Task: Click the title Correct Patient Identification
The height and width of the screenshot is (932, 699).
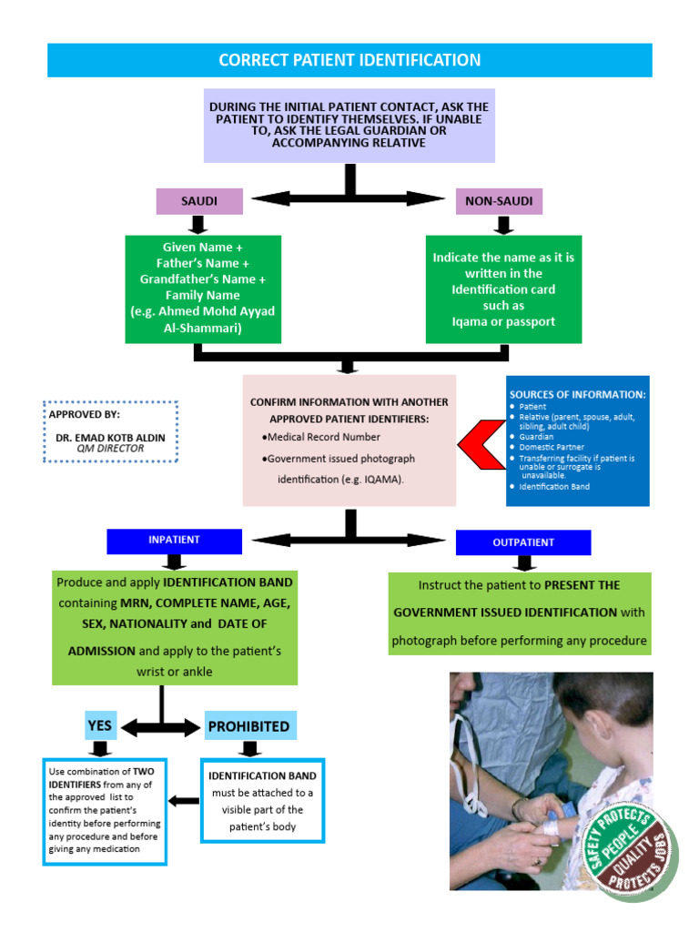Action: (349, 60)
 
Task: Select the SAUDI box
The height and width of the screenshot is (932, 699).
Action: (199, 200)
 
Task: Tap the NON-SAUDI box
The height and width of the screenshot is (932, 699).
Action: (499, 200)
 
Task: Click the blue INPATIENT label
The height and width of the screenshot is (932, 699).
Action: (174, 541)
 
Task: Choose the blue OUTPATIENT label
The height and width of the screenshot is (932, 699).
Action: (522, 542)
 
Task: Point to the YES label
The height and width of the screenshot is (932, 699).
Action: (99, 725)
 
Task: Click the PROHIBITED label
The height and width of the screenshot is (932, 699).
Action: (248, 726)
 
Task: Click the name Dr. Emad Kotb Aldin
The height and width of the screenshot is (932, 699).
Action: (110, 438)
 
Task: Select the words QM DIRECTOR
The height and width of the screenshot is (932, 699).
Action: (110, 449)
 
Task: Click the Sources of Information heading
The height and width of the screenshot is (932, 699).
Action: (577, 394)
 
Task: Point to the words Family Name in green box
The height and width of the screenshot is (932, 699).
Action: (202, 295)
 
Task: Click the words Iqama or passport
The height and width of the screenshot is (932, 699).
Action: (503, 321)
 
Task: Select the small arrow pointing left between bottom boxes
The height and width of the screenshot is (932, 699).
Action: (185, 801)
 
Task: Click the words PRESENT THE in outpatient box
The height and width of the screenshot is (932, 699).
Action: (582, 585)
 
